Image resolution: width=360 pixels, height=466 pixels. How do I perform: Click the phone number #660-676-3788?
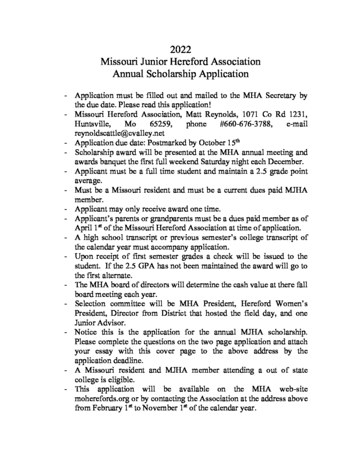click(242, 123)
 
